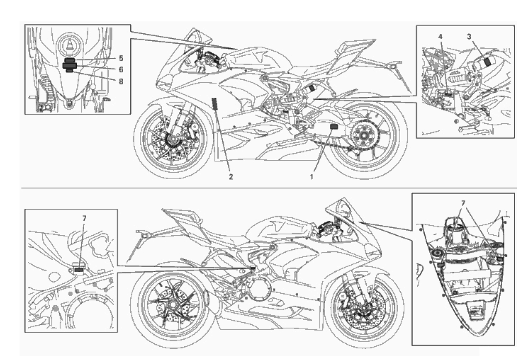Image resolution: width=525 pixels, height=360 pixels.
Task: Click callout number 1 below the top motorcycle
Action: coord(312,177)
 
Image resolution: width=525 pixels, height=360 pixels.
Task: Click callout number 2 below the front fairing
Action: coord(231,177)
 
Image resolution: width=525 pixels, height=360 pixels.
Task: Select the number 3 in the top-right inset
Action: coord(469,37)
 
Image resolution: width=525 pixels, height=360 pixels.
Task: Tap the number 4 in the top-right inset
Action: coord(441,37)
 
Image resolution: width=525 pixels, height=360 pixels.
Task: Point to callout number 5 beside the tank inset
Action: coord(121,58)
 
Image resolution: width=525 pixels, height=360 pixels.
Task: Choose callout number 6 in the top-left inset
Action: coord(121,69)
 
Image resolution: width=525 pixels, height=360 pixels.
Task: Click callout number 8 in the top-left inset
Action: coord(121,81)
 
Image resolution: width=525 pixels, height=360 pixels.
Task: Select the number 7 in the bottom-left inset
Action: coord(84,218)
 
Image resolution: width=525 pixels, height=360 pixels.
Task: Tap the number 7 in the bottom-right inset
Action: coord(463,204)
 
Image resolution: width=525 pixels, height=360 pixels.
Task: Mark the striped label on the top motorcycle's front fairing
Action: coord(214,103)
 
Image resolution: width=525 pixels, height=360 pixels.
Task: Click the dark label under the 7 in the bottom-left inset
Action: coord(78,270)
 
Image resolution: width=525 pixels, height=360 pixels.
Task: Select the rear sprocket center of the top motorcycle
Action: coord(364,135)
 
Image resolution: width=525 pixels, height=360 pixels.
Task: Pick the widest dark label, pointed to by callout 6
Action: coord(69,66)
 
